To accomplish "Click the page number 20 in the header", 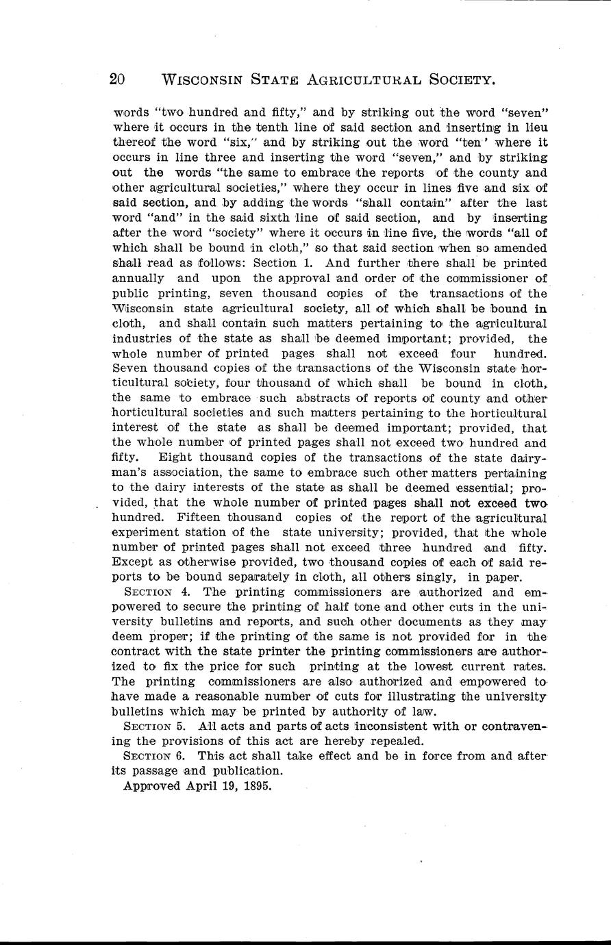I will pos(116,79).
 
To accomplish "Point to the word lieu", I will pos(534,127).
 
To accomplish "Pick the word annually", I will pos(137,278).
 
